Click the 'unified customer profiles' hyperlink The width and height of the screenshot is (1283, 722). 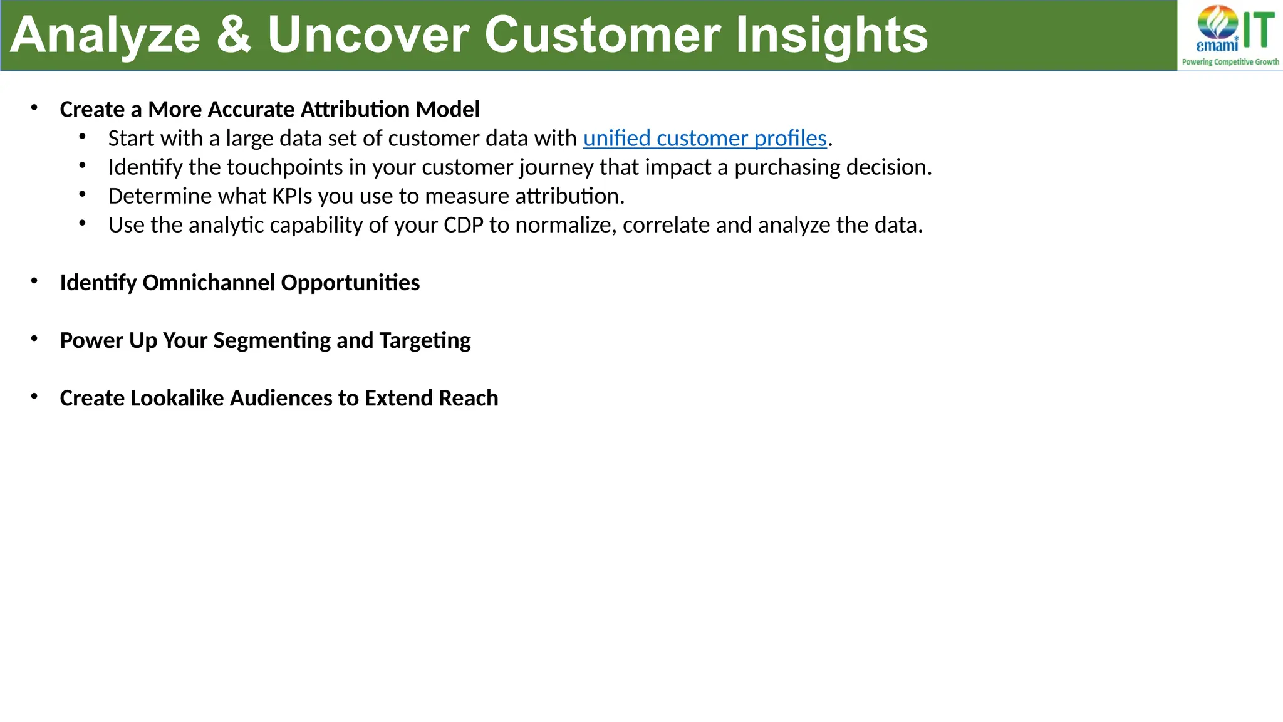pos(705,139)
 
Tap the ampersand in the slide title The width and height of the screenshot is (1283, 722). pos(234,35)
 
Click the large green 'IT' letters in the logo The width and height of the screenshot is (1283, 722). pos(1259,30)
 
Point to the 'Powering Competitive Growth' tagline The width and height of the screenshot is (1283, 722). pos(1230,62)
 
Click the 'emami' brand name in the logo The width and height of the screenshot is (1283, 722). pos(1217,46)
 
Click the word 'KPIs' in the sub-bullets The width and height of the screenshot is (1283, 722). pos(291,196)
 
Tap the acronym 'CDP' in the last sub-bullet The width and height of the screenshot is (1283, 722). pos(463,225)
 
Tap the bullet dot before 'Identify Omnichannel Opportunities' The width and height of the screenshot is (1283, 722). pos(34,281)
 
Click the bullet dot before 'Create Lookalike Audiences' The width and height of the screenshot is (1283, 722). pos(34,397)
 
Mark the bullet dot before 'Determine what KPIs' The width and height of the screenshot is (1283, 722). pos(83,195)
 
